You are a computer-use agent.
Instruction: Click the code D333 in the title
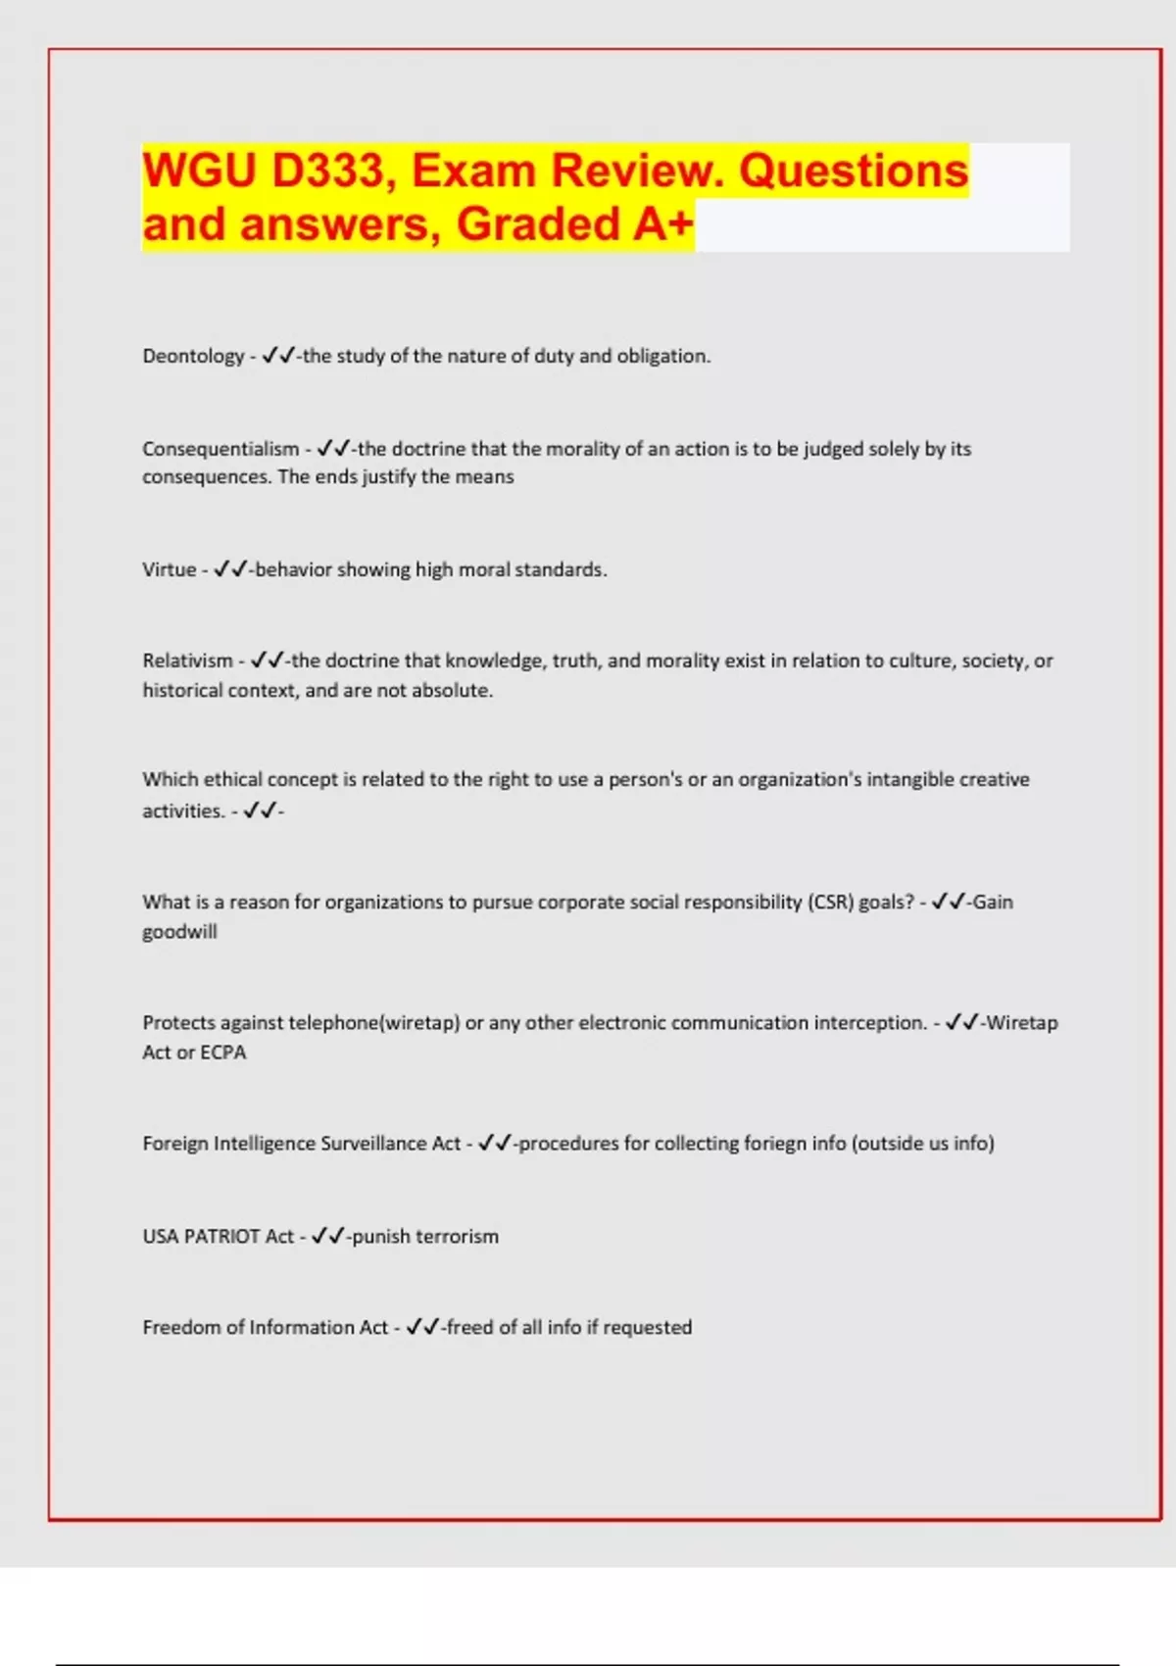click(x=328, y=171)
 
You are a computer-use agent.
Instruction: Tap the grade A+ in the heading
click(x=662, y=224)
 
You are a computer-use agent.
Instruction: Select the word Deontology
click(x=193, y=356)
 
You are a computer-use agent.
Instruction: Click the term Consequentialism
click(x=220, y=449)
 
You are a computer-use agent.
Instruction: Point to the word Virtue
click(x=169, y=569)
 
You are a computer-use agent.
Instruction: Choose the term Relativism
click(x=187, y=661)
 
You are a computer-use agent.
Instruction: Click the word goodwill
click(x=179, y=932)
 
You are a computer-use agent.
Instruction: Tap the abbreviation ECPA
click(x=223, y=1053)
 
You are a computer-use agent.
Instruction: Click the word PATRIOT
click(x=222, y=1237)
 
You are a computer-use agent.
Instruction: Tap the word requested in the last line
click(x=647, y=1328)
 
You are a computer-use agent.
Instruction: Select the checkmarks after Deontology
click(x=278, y=356)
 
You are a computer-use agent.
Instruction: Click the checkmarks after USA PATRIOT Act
click(x=327, y=1237)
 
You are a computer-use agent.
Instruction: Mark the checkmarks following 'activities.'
click(x=260, y=810)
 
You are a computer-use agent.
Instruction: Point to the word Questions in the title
click(x=853, y=171)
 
